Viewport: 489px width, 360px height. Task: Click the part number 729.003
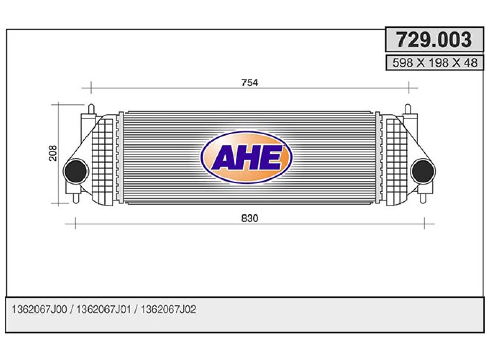coord(433,40)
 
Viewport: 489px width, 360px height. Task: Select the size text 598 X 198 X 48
coord(434,63)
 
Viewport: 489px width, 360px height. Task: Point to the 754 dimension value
coord(249,82)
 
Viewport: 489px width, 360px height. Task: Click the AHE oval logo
coord(246,157)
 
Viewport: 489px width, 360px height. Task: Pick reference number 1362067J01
coord(103,310)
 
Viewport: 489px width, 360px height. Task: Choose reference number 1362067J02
coord(168,310)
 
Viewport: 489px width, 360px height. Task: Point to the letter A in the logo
coord(224,157)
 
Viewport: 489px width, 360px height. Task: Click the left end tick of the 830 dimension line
coord(76,224)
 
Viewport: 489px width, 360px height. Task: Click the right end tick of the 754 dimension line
coord(408,88)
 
